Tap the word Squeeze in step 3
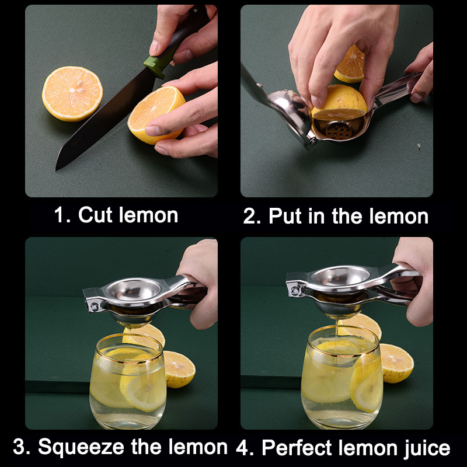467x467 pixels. tap(81, 447)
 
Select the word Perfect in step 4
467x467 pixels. tap(297, 447)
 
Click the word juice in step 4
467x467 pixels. tap(427, 448)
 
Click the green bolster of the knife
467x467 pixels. tap(154, 66)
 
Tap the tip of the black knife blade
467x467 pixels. tap(56, 170)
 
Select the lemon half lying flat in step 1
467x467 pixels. tap(72, 93)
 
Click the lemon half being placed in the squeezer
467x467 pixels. tap(339, 103)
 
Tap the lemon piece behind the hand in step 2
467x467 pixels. tap(350, 65)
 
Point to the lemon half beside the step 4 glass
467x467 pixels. tap(396, 363)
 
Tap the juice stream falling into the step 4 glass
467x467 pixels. tap(337, 336)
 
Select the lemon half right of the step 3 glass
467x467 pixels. tap(179, 370)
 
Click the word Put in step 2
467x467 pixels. tap(285, 216)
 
